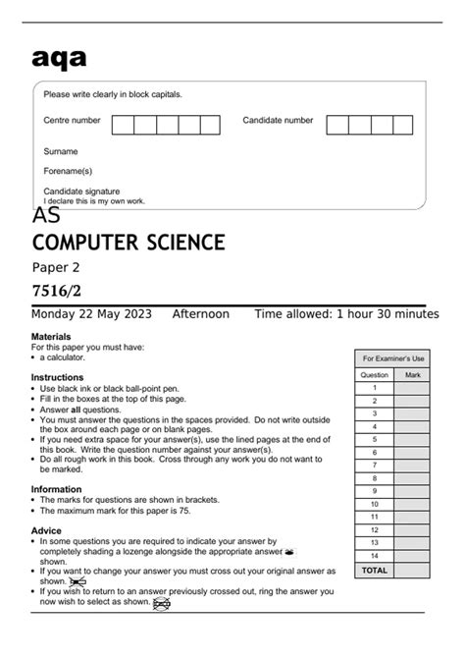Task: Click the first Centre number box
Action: (123, 124)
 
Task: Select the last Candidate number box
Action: (403, 124)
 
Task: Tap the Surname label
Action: (61, 152)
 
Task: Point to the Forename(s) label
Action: (68, 171)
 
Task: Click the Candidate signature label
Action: (81, 191)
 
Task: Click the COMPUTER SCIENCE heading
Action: (129, 242)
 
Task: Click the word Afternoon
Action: (200, 314)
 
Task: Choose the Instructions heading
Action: (57, 377)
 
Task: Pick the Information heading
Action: (57, 488)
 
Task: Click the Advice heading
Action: (47, 530)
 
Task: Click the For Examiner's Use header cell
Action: (392, 358)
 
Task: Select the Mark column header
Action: (412, 374)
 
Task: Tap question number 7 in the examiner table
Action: (375, 465)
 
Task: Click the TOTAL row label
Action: (375, 570)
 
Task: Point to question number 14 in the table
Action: (375, 555)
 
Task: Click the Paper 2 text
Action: (56, 267)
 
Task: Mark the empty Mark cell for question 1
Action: (412, 387)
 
